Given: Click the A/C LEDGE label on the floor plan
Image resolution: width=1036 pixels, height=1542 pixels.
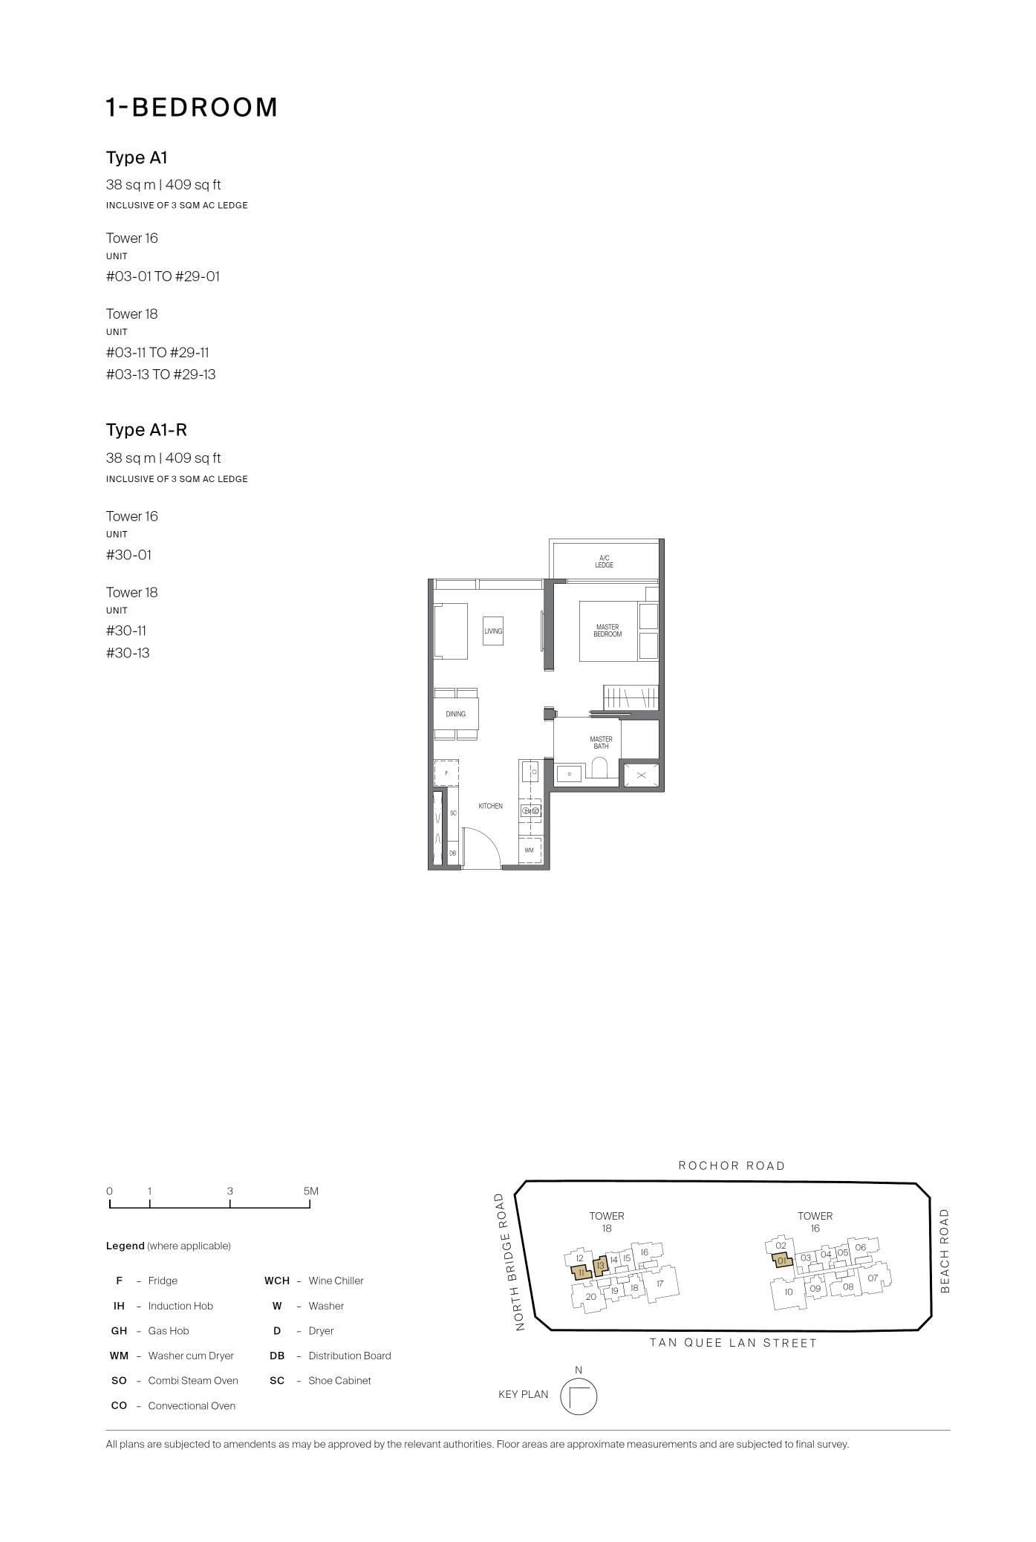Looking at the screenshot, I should [x=604, y=562].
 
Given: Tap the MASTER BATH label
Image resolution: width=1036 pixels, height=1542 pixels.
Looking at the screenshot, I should [x=601, y=743].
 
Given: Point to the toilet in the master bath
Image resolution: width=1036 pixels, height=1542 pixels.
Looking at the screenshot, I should [x=600, y=767].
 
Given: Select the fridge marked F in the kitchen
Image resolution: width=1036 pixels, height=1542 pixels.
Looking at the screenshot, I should [x=446, y=773].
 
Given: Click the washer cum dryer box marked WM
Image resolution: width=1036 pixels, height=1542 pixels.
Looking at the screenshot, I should [x=530, y=850].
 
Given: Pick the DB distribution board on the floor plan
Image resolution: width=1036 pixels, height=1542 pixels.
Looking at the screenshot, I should [x=452, y=853].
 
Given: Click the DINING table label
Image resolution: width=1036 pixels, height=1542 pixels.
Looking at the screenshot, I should [x=456, y=714].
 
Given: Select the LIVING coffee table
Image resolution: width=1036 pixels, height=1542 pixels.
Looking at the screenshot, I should [x=493, y=631].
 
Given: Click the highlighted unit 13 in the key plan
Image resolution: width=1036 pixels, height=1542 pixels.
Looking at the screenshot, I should [x=602, y=1263].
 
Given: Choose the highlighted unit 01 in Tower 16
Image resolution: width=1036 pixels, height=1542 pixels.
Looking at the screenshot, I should [x=781, y=1260].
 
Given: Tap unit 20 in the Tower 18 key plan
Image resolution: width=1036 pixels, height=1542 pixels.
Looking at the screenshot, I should [x=590, y=1296].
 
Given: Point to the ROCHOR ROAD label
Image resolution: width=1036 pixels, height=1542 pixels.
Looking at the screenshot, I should [x=732, y=1165].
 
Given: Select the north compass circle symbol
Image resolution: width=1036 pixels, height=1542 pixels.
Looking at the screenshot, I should [x=579, y=1396].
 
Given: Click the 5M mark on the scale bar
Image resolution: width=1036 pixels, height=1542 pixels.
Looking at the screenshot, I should [x=310, y=1191].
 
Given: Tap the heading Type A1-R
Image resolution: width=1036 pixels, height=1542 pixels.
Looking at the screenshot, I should [x=146, y=429].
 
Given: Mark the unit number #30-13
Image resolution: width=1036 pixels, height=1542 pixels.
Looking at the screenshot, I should [x=128, y=653].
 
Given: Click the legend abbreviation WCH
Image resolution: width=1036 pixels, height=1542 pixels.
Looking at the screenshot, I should [x=277, y=1281].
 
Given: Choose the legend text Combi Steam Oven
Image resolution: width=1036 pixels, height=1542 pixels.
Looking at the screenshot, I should [x=193, y=1380].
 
